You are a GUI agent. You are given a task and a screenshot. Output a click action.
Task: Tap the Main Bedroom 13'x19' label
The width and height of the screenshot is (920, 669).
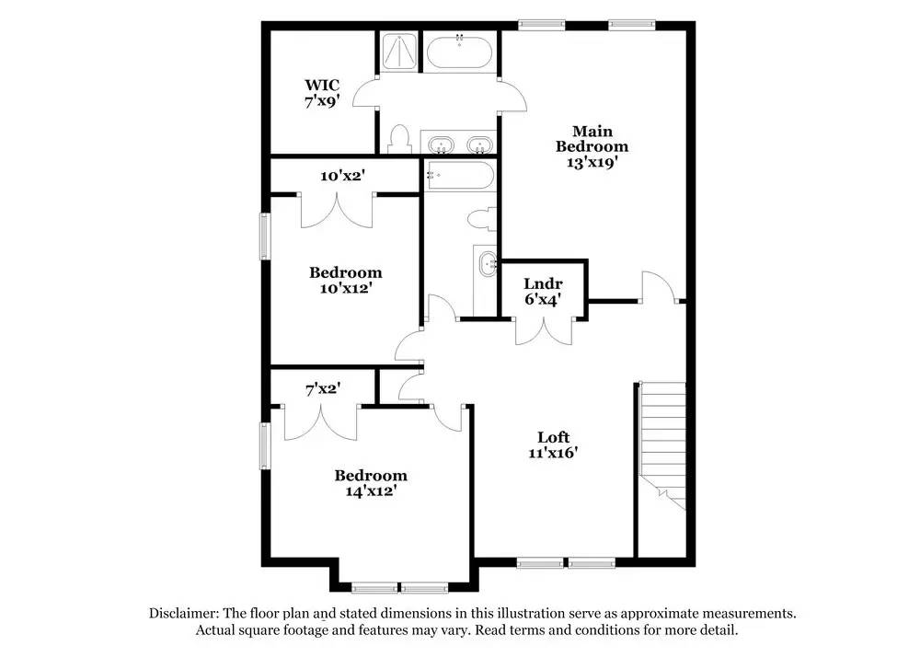coord(592,146)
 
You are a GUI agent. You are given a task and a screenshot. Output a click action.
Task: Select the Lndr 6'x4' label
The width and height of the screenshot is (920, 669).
coord(543,291)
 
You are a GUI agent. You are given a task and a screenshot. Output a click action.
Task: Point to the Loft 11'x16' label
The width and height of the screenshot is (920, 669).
coord(554,444)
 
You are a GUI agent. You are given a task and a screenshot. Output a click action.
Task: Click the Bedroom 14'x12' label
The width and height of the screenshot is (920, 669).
coord(370,483)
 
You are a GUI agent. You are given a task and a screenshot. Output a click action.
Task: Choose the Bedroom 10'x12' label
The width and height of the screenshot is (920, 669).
coord(345,280)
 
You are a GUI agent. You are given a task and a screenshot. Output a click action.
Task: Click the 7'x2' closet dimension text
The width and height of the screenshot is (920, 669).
coord(323,388)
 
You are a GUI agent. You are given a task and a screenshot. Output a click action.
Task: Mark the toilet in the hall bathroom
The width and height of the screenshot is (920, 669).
coord(480,220)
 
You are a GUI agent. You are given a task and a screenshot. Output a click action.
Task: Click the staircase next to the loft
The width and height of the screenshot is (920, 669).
coord(663,442)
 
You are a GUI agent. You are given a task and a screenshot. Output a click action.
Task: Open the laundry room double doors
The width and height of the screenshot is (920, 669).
coord(544,329)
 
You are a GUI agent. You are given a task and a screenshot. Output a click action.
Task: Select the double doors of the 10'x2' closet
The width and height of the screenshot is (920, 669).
coord(336,210)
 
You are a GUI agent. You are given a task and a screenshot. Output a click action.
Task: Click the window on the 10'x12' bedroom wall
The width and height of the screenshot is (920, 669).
coord(264,236)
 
